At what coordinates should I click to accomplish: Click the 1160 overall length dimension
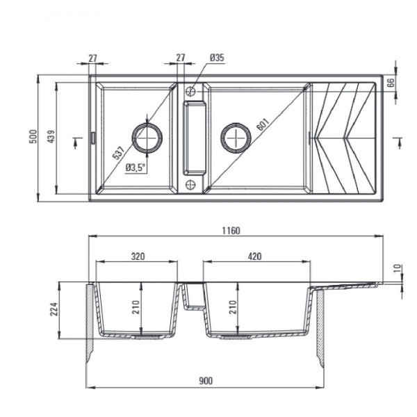click(231, 231)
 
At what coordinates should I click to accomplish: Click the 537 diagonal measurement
click(119, 151)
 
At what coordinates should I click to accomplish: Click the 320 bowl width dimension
click(137, 256)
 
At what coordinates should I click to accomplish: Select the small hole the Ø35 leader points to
click(190, 90)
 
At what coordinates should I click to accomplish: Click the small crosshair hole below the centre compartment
click(190, 185)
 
